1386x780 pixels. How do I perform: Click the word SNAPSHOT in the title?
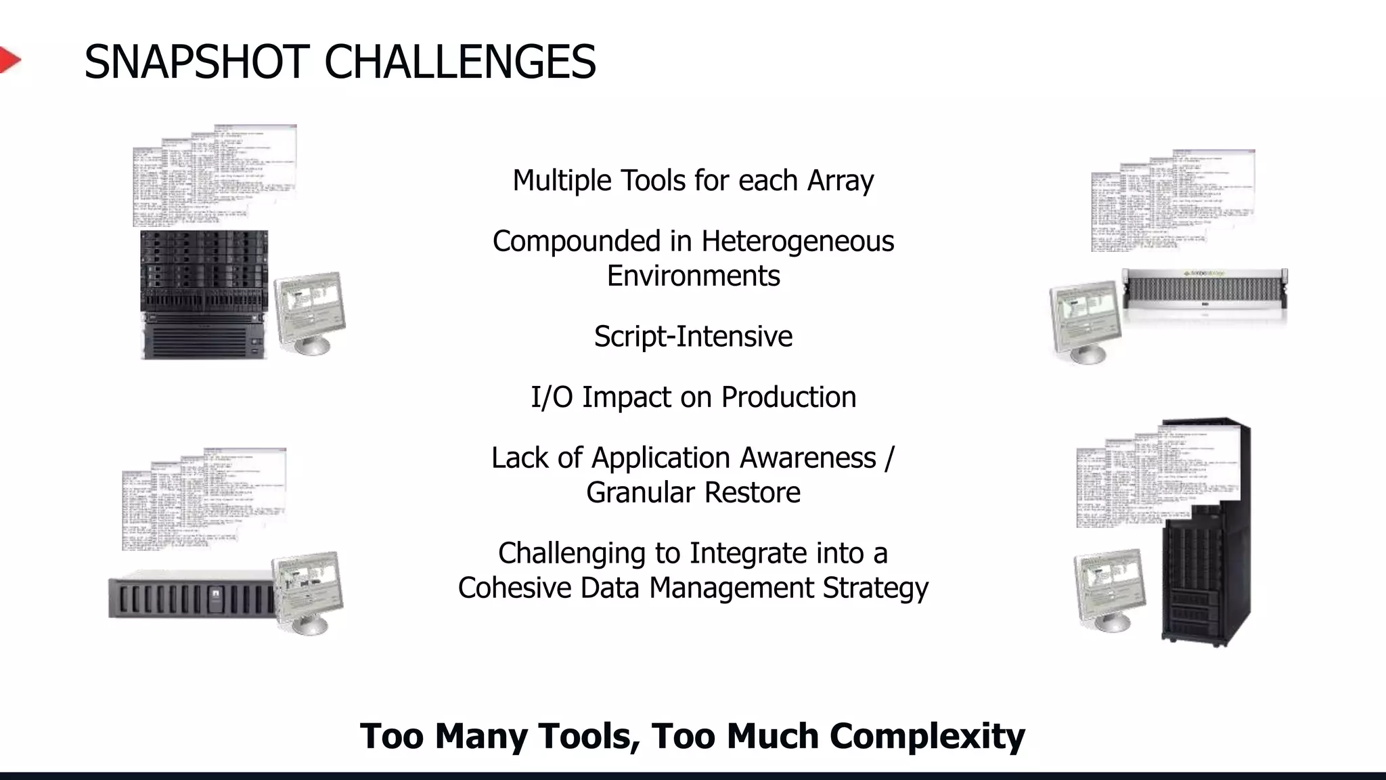coord(196,62)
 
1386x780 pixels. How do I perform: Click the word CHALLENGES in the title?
coord(460,62)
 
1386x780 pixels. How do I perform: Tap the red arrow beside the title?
coord(9,60)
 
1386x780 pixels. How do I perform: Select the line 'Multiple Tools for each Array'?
coord(693,181)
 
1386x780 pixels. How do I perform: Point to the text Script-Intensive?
coord(693,337)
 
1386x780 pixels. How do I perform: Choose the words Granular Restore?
coord(693,493)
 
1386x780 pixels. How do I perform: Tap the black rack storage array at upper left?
coord(204,295)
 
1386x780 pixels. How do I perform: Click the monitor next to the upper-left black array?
coord(310,311)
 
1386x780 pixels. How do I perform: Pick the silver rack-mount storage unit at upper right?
coord(1205,290)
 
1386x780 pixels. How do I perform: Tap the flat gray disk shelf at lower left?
coord(189,596)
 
